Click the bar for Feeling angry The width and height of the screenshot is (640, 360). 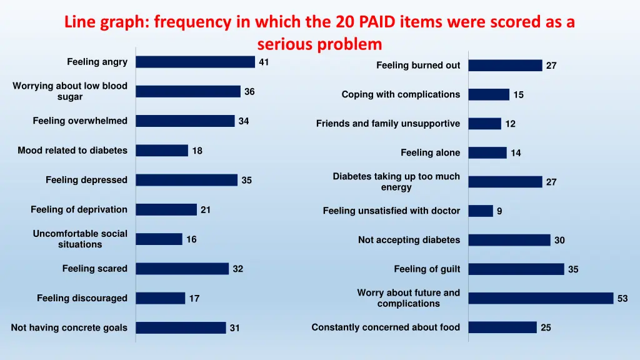click(x=195, y=62)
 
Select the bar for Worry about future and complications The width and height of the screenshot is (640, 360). click(x=541, y=298)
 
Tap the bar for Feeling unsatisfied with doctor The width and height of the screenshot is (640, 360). click(x=481, y=211)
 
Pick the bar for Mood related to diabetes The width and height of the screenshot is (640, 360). click(x=162, y=151)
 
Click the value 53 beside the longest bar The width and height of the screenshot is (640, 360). click(x=622, y=299)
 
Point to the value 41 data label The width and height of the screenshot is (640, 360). click(x=264, y=62)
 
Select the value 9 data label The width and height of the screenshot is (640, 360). click(x=499, y=211)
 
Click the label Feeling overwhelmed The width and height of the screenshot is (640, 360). click(x=80, y=121)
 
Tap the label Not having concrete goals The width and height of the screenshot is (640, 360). click(x=69, y=327)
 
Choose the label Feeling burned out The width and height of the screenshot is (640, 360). click(x=418, y=65)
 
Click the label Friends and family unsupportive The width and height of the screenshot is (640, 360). click(x=388, y=124)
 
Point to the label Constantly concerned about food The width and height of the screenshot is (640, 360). click(x=386, y=327)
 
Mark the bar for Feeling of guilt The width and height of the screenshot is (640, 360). click(x=516, y=269)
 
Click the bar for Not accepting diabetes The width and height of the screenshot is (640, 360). click(x=509, y=240)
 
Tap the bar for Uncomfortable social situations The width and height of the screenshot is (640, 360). click(x=159, y=239)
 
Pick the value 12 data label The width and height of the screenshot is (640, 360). click(x=511, y=124)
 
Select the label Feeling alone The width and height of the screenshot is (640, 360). click(x=430, y=152)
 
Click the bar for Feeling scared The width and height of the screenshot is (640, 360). click(x=182, y=269)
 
